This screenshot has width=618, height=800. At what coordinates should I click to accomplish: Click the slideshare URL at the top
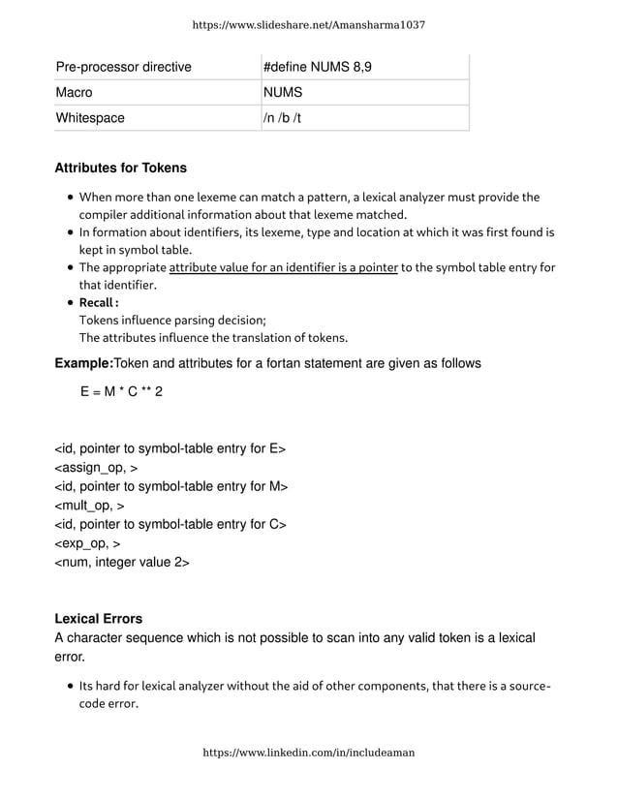[x=308, y=24]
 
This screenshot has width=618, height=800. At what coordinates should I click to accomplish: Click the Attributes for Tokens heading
[x=121, y=169]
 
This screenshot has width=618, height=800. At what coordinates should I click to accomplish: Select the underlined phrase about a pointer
[x=284, y=267]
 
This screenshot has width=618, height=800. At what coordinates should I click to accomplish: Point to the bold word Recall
[x=97, y=303]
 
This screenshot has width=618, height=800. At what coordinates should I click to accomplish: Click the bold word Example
[x=84, y=363]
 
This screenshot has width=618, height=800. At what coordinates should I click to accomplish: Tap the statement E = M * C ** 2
[x=122, y=392]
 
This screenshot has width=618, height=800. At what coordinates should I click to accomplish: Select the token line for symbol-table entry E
[x=170, y=449]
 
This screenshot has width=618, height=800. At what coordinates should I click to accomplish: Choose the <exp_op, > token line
[x=87, y=543]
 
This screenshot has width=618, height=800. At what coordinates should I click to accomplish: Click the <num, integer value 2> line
[x=122, y=562]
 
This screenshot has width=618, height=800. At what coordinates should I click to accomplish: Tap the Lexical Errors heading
[x=99, y=619]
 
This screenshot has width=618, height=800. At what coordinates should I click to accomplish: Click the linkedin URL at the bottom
[x=308, y=753]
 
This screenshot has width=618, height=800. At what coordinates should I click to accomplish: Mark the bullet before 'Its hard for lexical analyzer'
[x=72, y=687]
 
